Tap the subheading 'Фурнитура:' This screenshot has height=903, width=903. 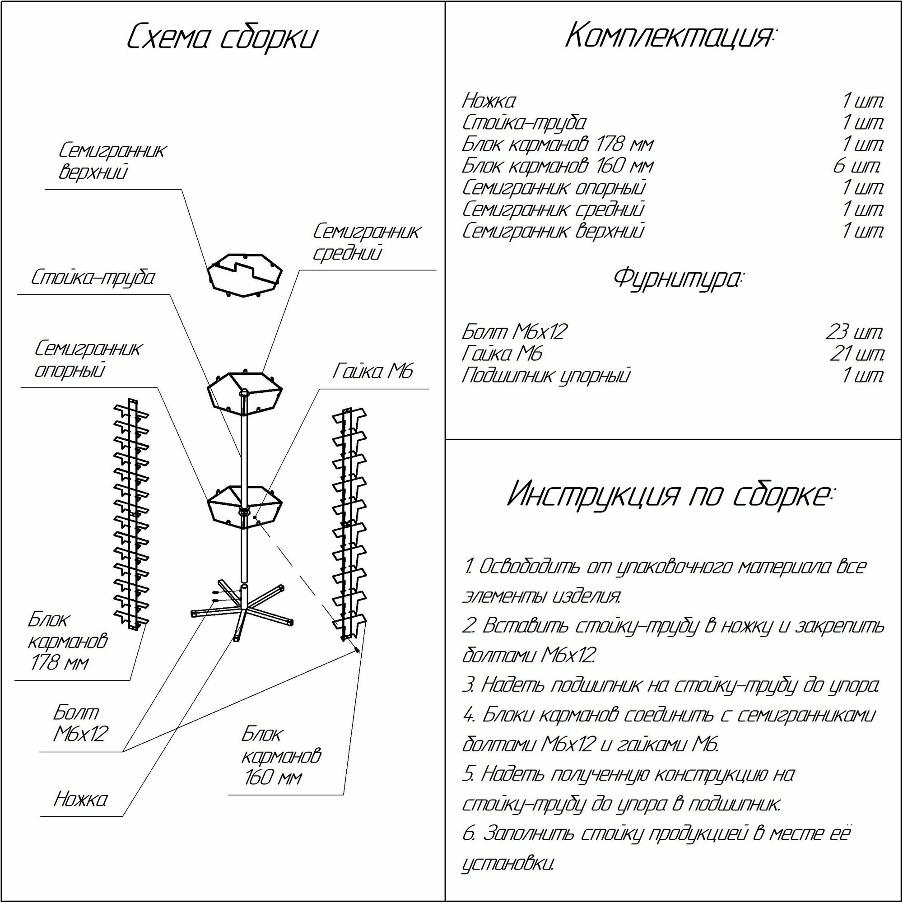(x=677, y=279)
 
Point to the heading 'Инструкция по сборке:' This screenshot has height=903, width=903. (x=670, y=495)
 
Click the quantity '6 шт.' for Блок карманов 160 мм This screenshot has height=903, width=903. (x=857, y=166)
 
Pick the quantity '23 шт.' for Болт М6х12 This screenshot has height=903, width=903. (x=854, y=332)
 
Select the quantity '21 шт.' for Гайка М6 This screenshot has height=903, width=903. (x=857, y=354)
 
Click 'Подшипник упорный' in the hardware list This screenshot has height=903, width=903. (x=546, y=376)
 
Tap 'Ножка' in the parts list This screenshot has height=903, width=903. (x=489, y=101)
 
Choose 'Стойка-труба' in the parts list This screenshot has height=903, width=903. (x=524, y=123)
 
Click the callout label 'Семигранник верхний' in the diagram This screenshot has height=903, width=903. (x=112, y=161)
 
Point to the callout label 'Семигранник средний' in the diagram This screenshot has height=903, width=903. (x=366, y=242)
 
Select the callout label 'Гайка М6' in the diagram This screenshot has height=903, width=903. (x=373, y=372)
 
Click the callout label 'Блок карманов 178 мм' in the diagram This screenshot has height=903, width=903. (x=67, y=641)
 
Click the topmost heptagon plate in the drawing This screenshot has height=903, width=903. (x=245, y=275)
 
